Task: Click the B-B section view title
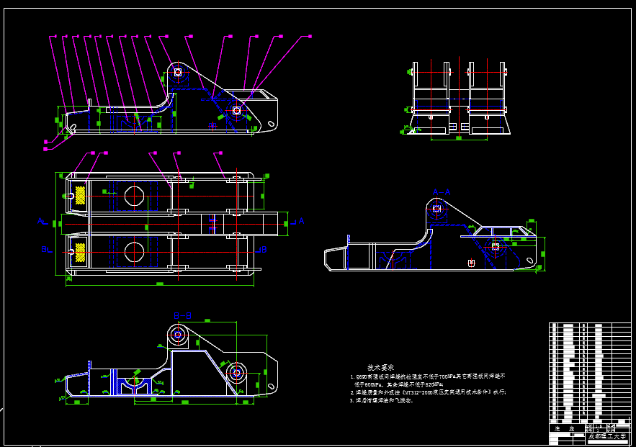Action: pyautogui.click(x=182, y=315)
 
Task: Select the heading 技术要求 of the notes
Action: pyautogui.click(x=380, y=366)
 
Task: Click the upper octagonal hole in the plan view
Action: pyautogui.click(x=134, y=195)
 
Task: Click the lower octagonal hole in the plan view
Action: pyautogui.click(x=134, y=251)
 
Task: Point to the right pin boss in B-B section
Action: pyautogui.click(x=236, y=373)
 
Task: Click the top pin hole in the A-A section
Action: pyautogui.click(x=436, y=209)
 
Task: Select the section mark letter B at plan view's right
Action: pyautogui.click(x=264, y=249)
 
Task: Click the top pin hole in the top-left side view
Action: pyautogui.click(x=177, y=72)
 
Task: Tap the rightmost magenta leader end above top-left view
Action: pyautogui.click(x=310, y=36)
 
